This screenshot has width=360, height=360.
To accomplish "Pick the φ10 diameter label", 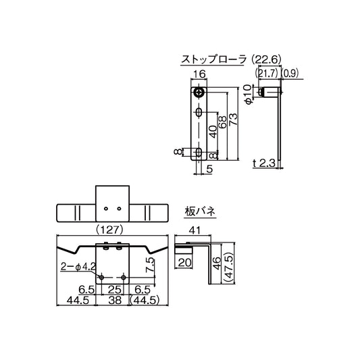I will (x=248, y=95).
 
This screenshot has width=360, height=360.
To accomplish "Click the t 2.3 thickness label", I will (x=263, y=163).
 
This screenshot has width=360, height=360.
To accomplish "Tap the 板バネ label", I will (x=200, y=211).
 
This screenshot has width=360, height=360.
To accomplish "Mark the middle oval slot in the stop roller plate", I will (x=199, y=111).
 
